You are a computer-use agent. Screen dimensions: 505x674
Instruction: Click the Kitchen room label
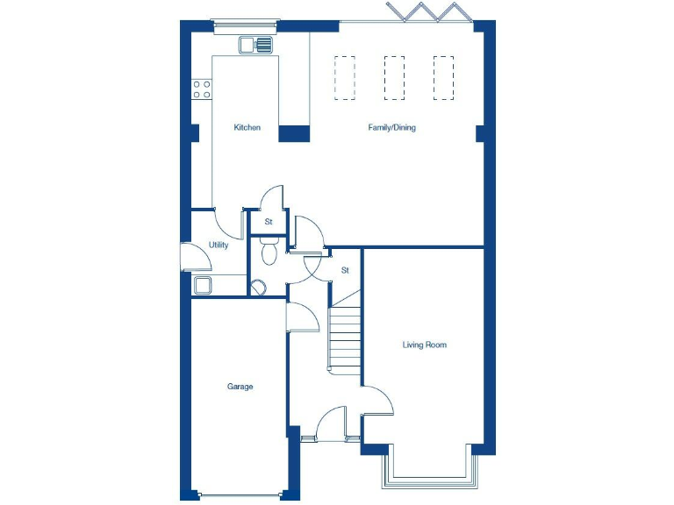(x=247, y=128)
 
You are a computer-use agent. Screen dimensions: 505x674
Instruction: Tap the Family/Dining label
(x=391, y=128)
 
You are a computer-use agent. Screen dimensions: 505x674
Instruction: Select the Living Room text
(x=425, y=345)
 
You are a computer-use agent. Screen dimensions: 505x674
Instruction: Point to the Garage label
(x=240, y=387)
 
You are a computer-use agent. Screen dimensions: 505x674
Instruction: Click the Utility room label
(x=219, y=245)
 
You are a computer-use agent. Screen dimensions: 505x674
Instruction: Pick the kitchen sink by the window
(x=255, y=43)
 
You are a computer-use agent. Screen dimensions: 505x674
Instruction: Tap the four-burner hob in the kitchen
(x=202, y=88)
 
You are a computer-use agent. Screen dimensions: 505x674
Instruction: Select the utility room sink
(x=203, y=284)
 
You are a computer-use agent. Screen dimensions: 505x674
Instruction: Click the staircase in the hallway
(x=345, y=338)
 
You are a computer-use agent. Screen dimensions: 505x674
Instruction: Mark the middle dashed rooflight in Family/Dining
(x=394, y=76)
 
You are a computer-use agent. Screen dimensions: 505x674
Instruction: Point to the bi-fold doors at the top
(x=427, y=12)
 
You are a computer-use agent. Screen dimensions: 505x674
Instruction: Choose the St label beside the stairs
(x=345, y=270)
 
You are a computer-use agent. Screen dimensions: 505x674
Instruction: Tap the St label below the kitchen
(x=269, y=222)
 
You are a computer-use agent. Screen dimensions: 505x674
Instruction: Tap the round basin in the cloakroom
(x=258, y=286)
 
